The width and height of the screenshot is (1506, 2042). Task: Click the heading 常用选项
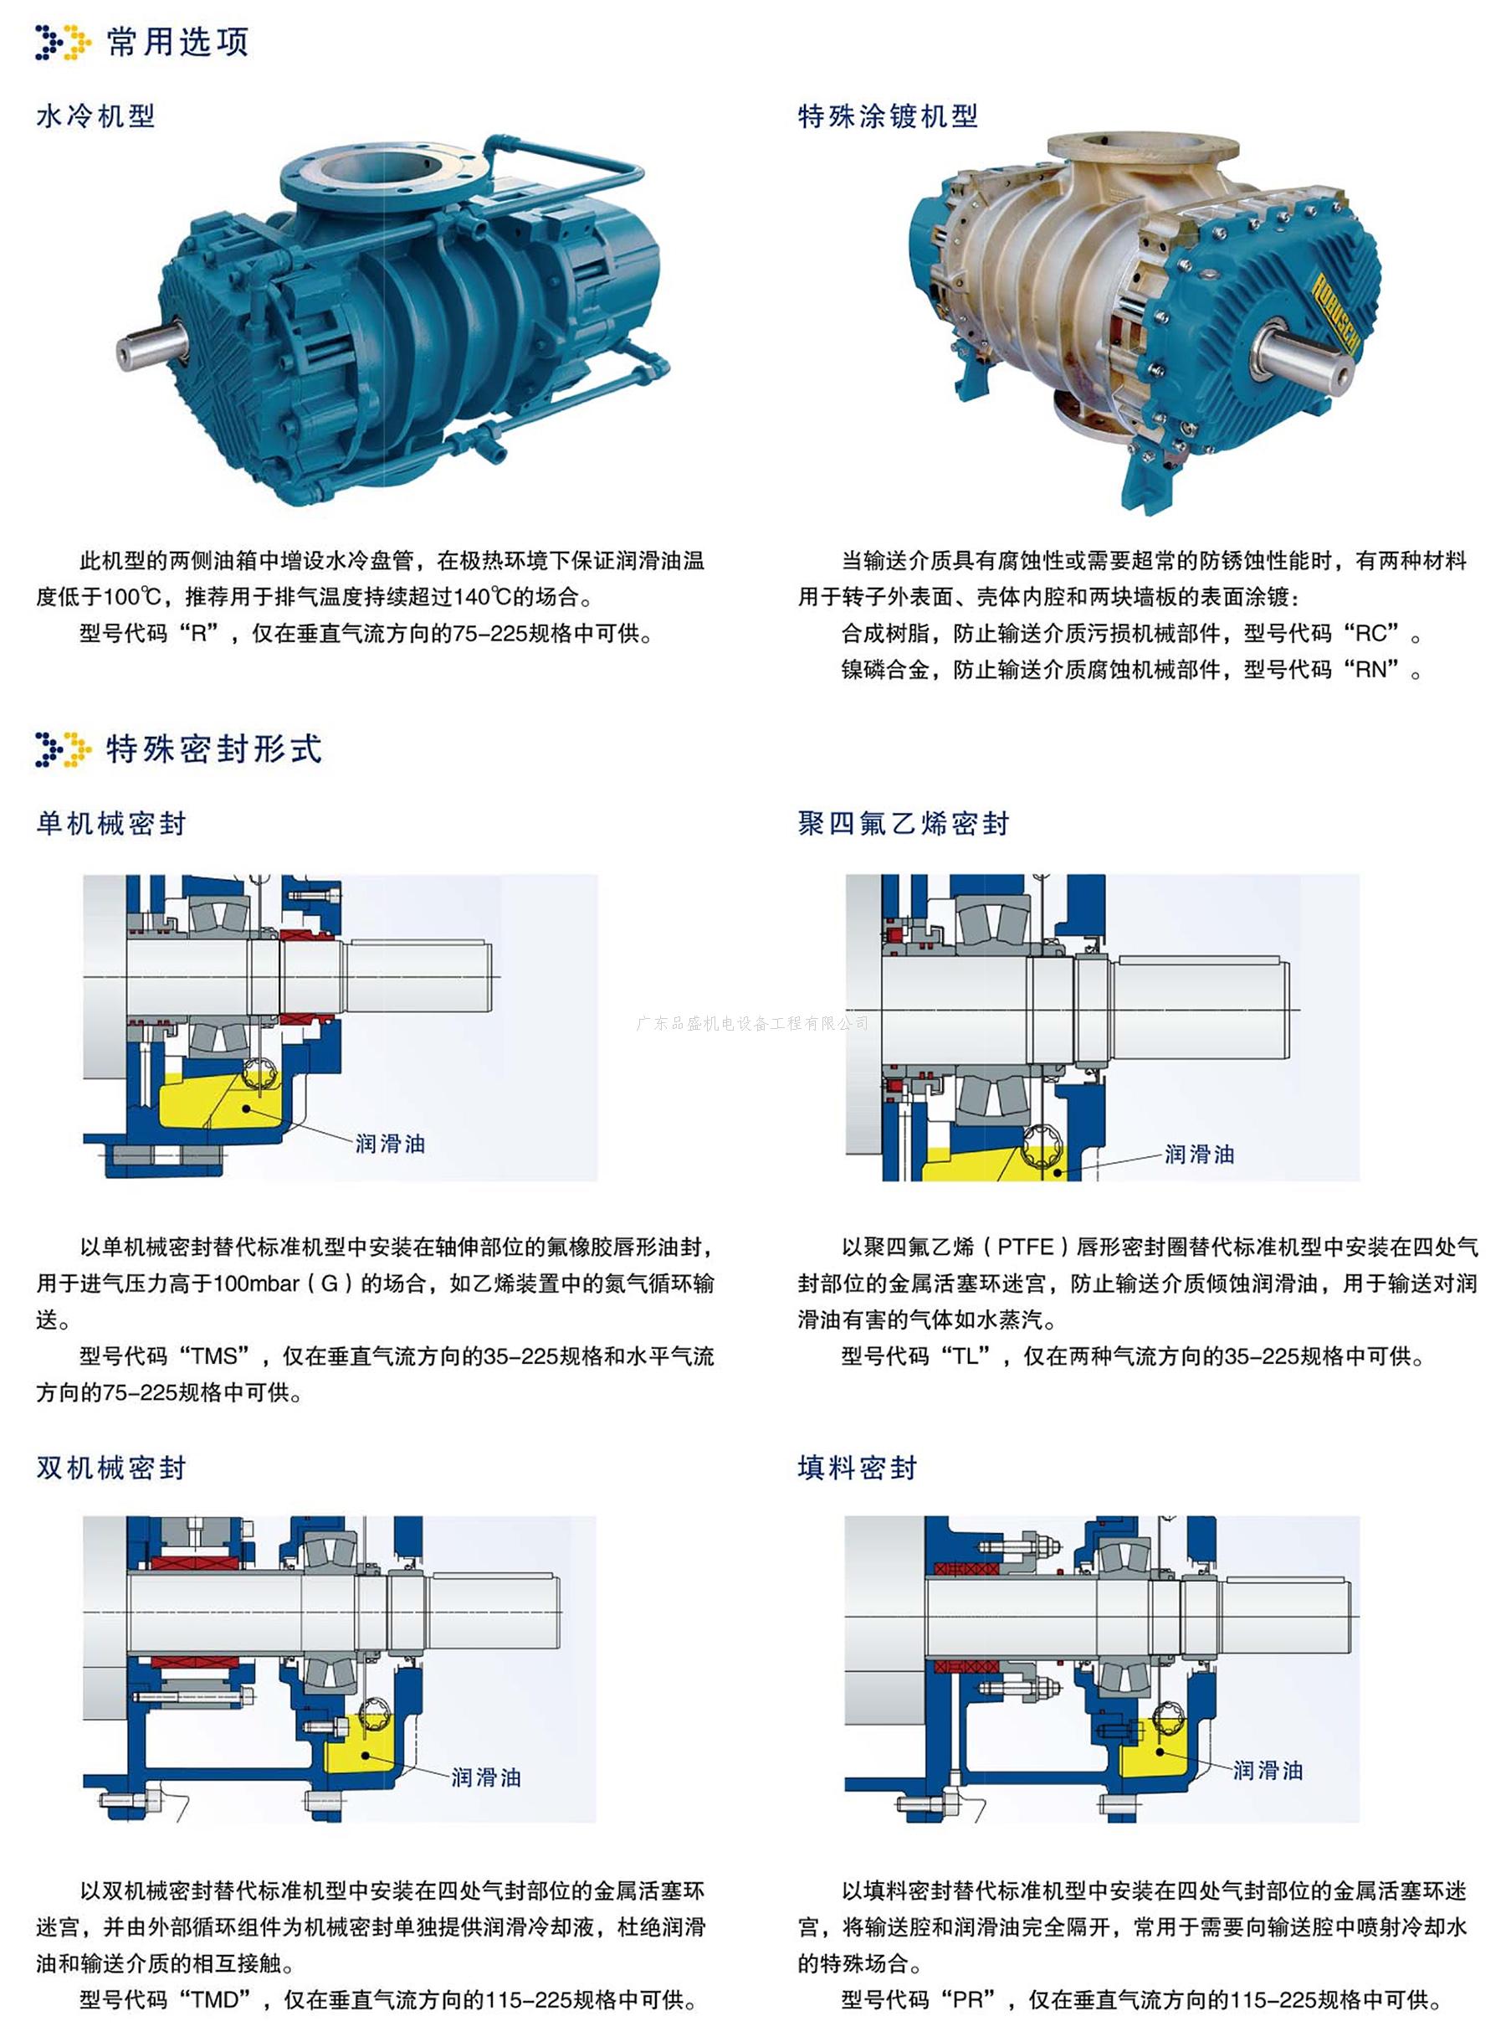point(177,42)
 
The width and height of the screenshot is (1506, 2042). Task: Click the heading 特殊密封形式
point(214,748)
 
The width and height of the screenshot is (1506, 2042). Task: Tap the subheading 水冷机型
point(95,116)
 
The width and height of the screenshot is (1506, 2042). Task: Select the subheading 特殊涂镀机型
point(888,116)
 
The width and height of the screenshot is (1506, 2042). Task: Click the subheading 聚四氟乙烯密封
point(904,824)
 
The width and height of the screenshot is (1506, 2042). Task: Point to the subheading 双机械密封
point(111,1468)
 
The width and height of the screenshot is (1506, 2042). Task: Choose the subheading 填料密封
point(857,1468)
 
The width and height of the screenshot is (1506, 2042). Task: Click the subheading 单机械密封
point(111,824)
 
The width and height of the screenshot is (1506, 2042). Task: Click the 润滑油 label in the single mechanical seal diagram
point(390,1143)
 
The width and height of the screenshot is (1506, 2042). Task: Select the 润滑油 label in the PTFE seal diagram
point(1200,1154)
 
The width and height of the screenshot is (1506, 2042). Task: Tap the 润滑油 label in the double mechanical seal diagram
point(486,1777)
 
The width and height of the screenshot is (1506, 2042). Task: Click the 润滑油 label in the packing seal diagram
point(1268,1770)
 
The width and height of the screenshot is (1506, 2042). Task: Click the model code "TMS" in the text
point(215,1356)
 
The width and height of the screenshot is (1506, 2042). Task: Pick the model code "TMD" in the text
point(216,2000)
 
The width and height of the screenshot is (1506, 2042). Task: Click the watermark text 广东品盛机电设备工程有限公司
point(753,1023)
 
